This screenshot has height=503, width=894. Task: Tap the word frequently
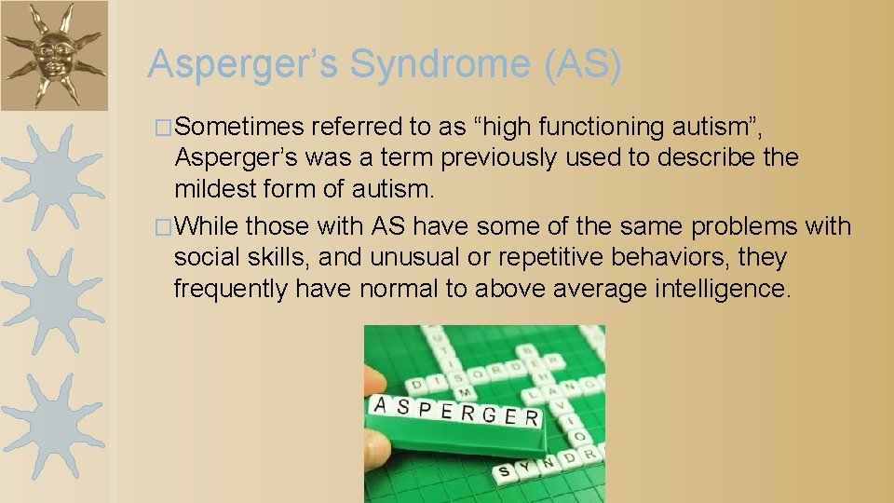point(231,290)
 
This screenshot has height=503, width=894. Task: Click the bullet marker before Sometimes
point(164,127)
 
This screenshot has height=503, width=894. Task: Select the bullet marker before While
point(164,227)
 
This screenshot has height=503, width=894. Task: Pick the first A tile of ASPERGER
point(381,404)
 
